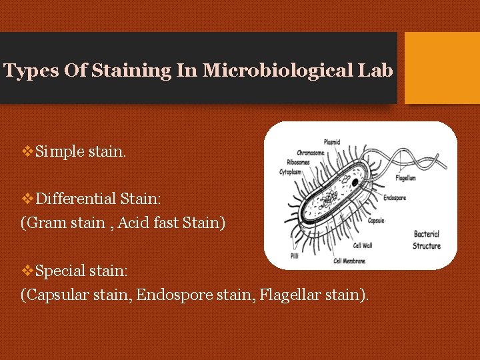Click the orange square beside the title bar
click(442, 68)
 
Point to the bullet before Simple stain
click(27, 152)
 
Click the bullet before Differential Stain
click(27, 198)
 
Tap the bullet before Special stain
click(27, 270)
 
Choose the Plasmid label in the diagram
click(333, 141)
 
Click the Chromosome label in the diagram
click(311, 153)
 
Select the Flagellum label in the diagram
click(405, 178)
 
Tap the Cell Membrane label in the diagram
click(349, 261)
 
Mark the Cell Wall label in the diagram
click(363, 245)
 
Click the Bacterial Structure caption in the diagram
click(427, 240)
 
